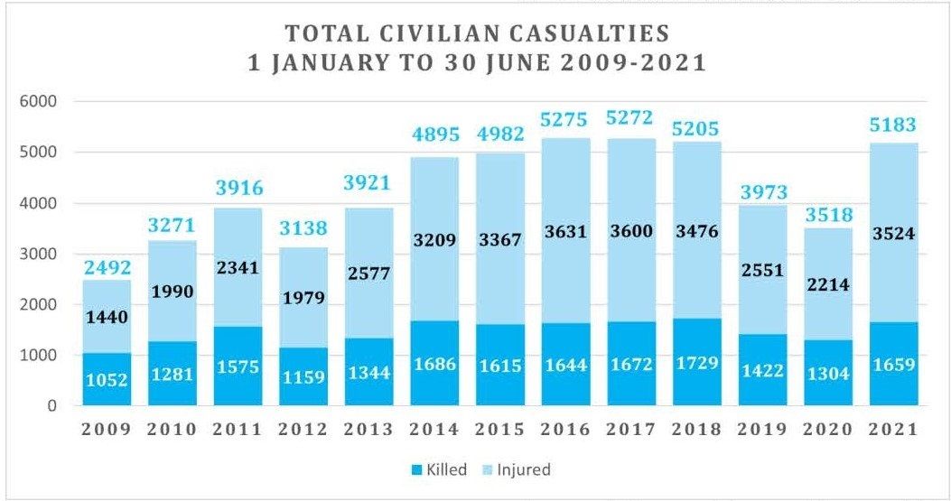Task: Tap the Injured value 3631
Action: point(567,232)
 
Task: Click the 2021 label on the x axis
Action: point(892,429)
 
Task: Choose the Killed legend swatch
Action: point(418,469)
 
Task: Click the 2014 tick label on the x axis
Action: point(435,429)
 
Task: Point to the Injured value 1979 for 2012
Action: point(303,298)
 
